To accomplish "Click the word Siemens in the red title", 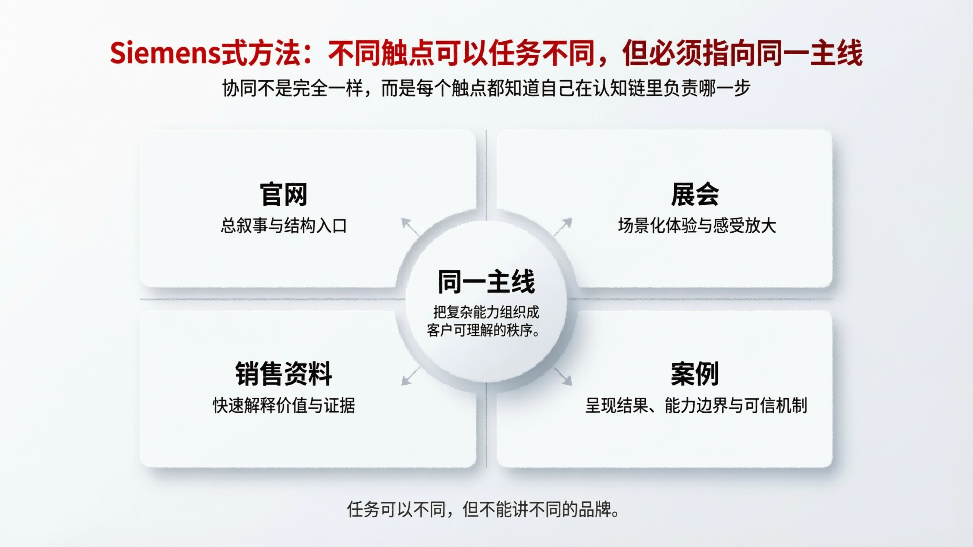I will point(165,53).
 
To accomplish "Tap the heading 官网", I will point(283,195).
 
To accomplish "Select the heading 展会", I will point(695,195).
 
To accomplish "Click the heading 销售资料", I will point(283,374).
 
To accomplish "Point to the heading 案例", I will point(695,374).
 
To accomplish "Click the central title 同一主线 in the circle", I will point(486,282).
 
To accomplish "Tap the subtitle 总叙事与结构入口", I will point(283,226).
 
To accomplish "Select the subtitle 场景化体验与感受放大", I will point(697,226).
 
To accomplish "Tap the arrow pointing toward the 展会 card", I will point(563,226).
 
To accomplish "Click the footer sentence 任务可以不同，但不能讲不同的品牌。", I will point(483,510).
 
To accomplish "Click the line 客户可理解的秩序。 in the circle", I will point(483,330).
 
